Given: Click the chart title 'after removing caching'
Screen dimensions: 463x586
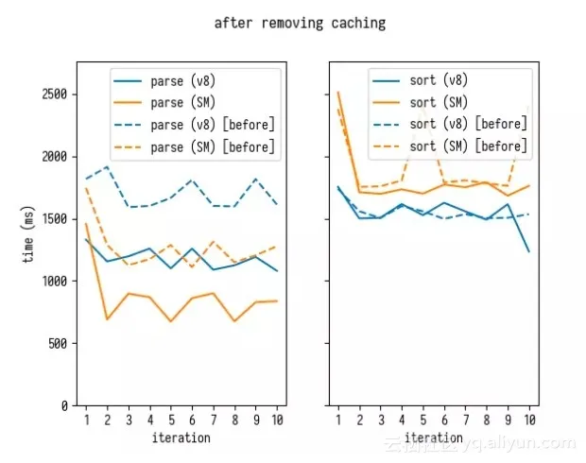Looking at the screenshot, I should pyautogui.click(x=300, y=23).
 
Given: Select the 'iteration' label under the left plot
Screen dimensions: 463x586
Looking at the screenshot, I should pyautogui.click(x=181, y=437).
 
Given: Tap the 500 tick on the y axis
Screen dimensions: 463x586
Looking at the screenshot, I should pyautogui.click(x=55, y=344).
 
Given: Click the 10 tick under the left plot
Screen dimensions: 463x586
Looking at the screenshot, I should pyautogui.click(x=277, y=420).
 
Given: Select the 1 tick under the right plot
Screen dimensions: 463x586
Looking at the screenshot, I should pyautogui.click(x=338, y=420).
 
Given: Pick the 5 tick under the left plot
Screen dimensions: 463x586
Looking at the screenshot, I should pyautogui.click(x=171, y=420).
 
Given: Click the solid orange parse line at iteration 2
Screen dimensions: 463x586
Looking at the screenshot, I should pyautogui.click(x=108, y=318).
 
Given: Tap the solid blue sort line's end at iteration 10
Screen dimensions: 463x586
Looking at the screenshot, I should pyautogui.click(x=529, y=251).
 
